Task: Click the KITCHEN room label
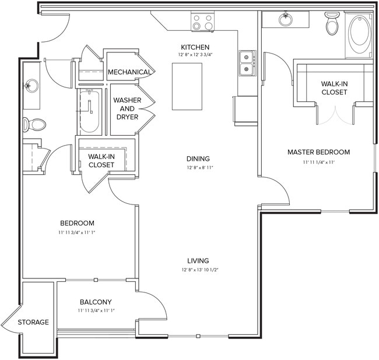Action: [x=195, y=47]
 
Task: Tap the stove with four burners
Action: [x=202, y=22]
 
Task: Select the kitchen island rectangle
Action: [x=187, y=86]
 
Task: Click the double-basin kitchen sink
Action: [x=247, y=63]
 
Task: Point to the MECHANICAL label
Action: [x=130, y=72]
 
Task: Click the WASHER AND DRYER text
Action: [x=127, y=109]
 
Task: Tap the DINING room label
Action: [x=198, y=158]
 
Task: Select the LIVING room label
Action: [x=198, y=260]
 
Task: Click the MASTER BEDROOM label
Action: [x=318, y=152]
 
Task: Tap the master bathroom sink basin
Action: [x=286, y=20]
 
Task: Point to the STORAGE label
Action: [x=33, y=322]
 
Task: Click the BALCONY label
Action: [x=96, y=302]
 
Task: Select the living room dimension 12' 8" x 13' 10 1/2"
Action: [x=198, y=270]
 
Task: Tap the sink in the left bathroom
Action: [x=30, y=86]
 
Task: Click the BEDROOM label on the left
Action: [x=78, y=223]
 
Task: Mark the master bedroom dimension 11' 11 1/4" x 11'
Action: [x=318, y=162]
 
